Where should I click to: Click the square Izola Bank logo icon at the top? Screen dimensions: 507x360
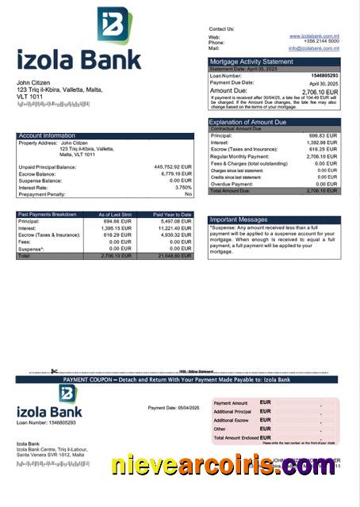[x=114, y=25]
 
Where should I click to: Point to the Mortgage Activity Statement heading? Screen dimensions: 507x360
[x=251, y=62]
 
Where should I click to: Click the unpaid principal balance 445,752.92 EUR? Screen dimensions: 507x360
[x=173, y=167]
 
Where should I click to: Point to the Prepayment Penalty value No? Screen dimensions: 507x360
[x=188, y=194]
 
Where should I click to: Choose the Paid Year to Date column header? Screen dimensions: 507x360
[x=172, y=214]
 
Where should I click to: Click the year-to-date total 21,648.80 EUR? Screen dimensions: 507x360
[x=174, y=256]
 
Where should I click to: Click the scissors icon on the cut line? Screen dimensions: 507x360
[x=53, y=372]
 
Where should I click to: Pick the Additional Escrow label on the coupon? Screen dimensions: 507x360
[x=231, y=420]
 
